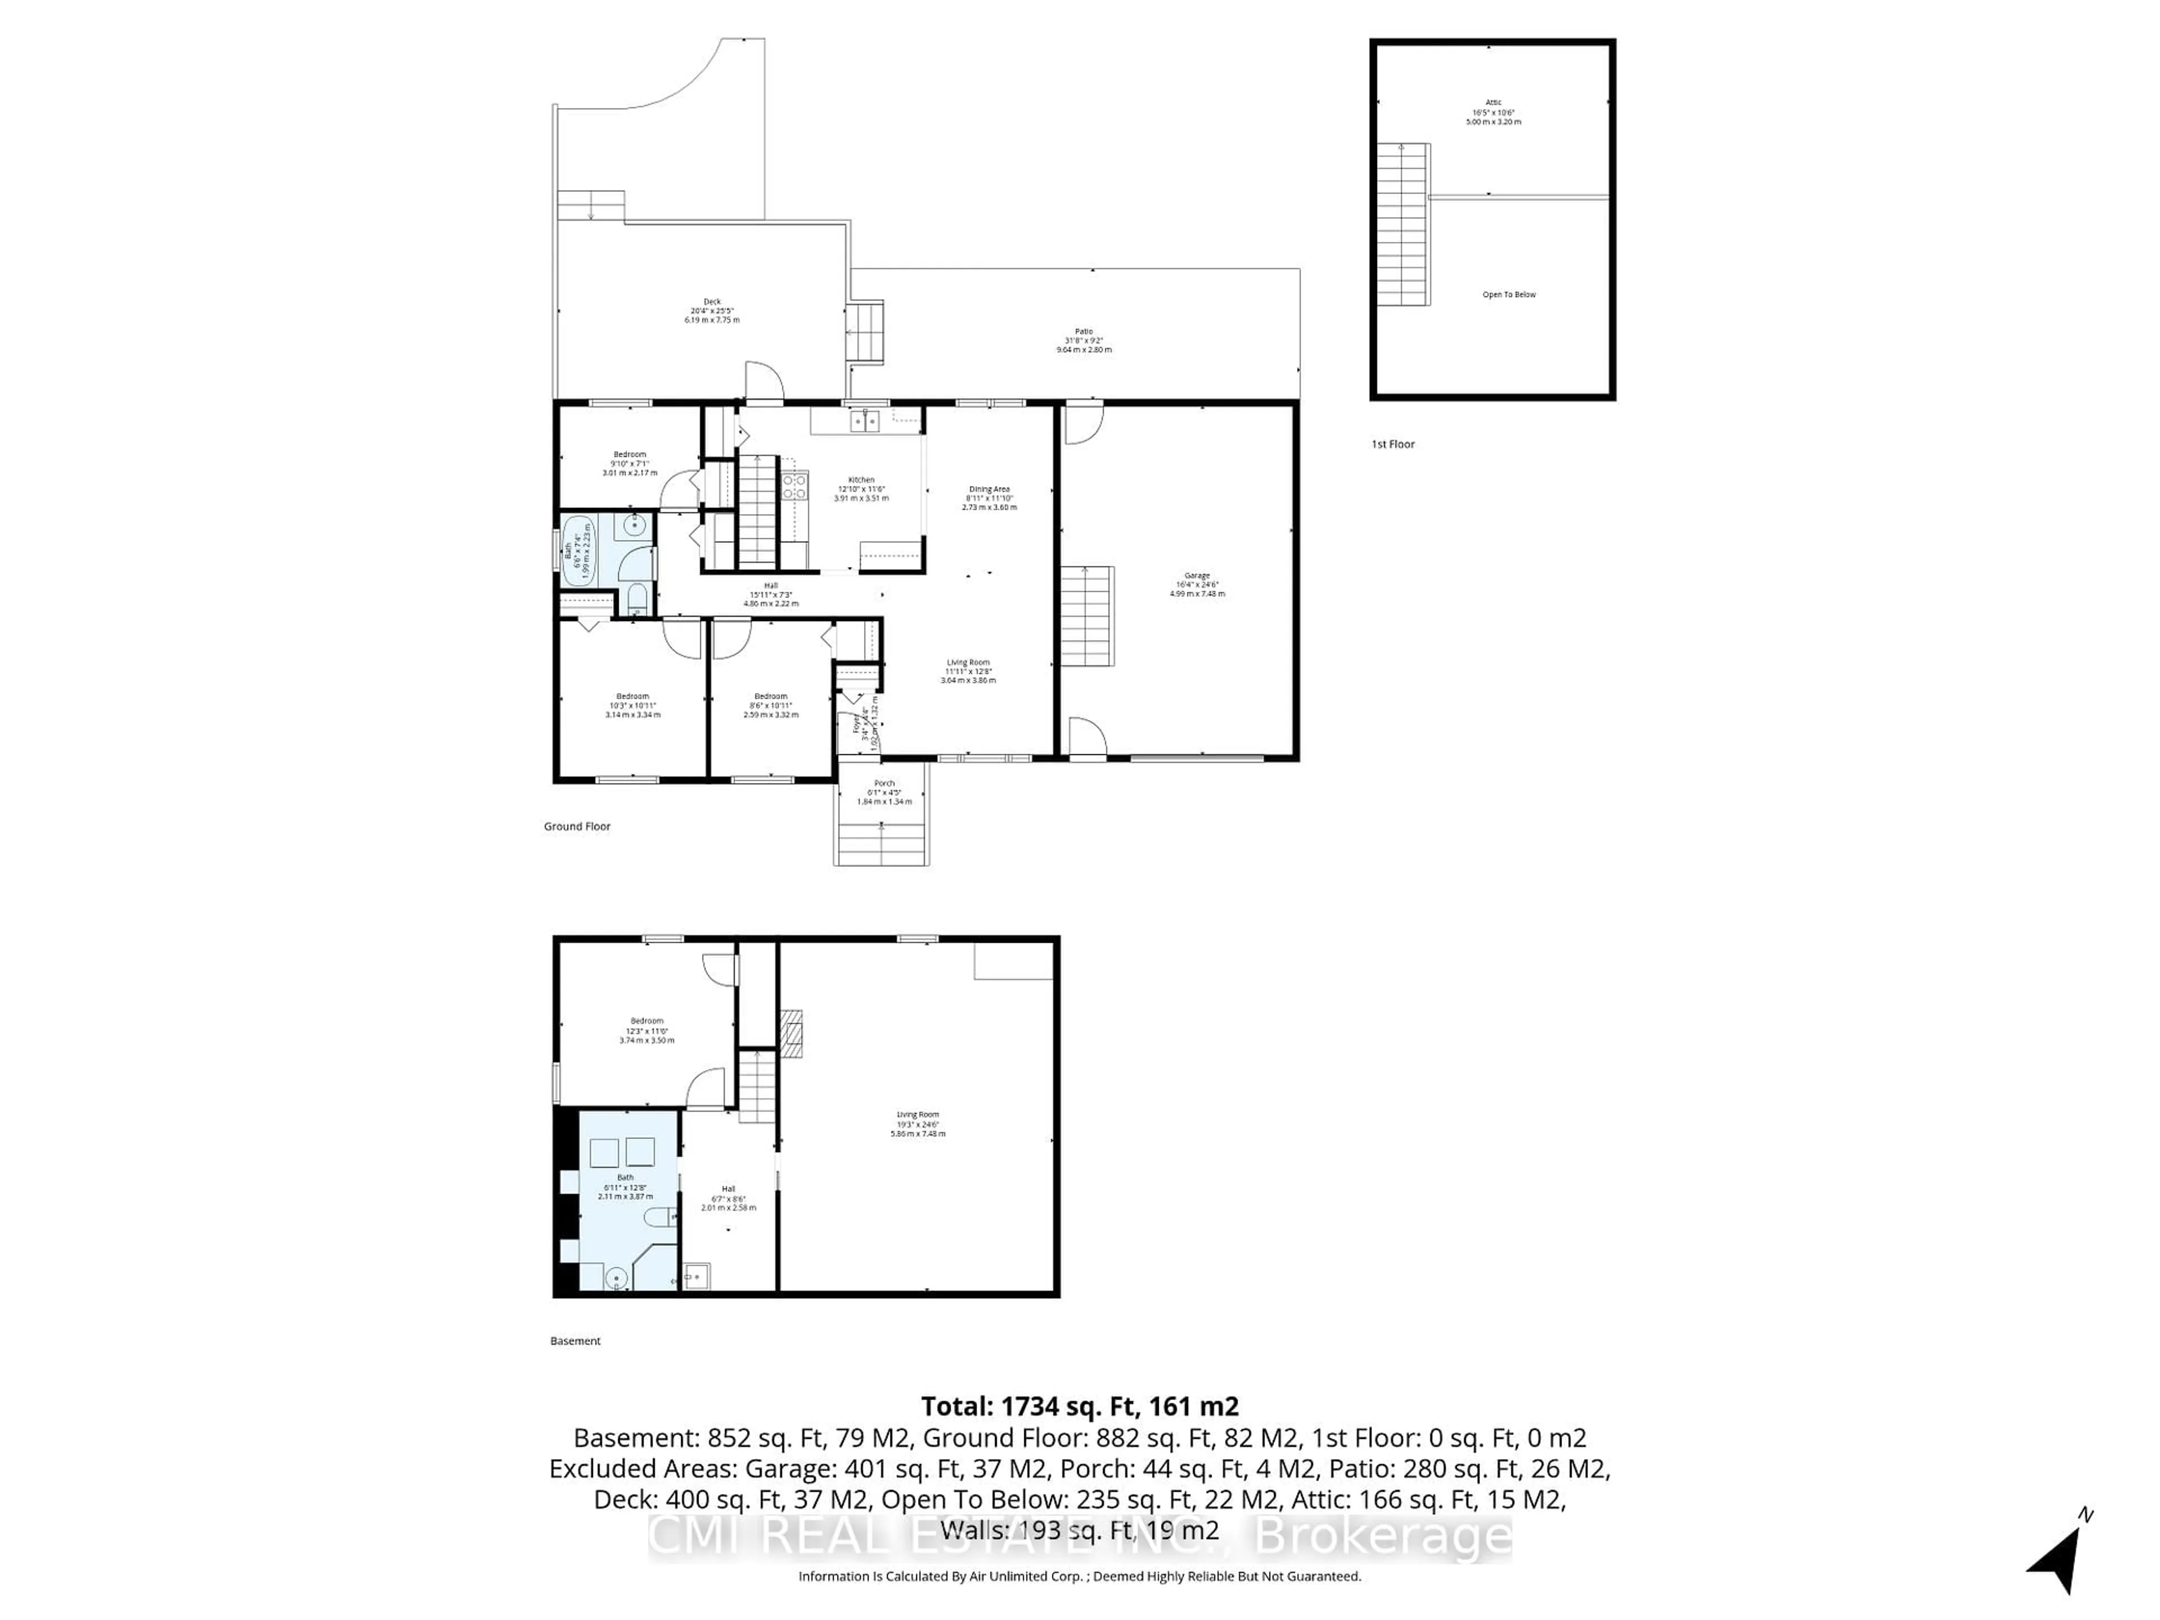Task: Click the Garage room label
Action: (1196, 584)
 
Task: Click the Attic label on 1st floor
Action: (1493, 111)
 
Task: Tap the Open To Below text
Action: (1509, 294)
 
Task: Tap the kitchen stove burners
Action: (794, 487)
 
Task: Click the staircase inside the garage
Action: (1087, 615)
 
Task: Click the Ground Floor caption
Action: (577, 826)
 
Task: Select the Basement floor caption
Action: (575, 1341)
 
